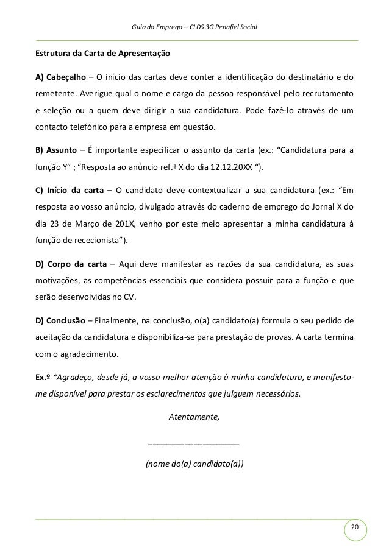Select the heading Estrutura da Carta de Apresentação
102,54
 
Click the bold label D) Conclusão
60,321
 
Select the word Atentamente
193,417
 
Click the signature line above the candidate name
194,443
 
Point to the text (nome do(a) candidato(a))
194,465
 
